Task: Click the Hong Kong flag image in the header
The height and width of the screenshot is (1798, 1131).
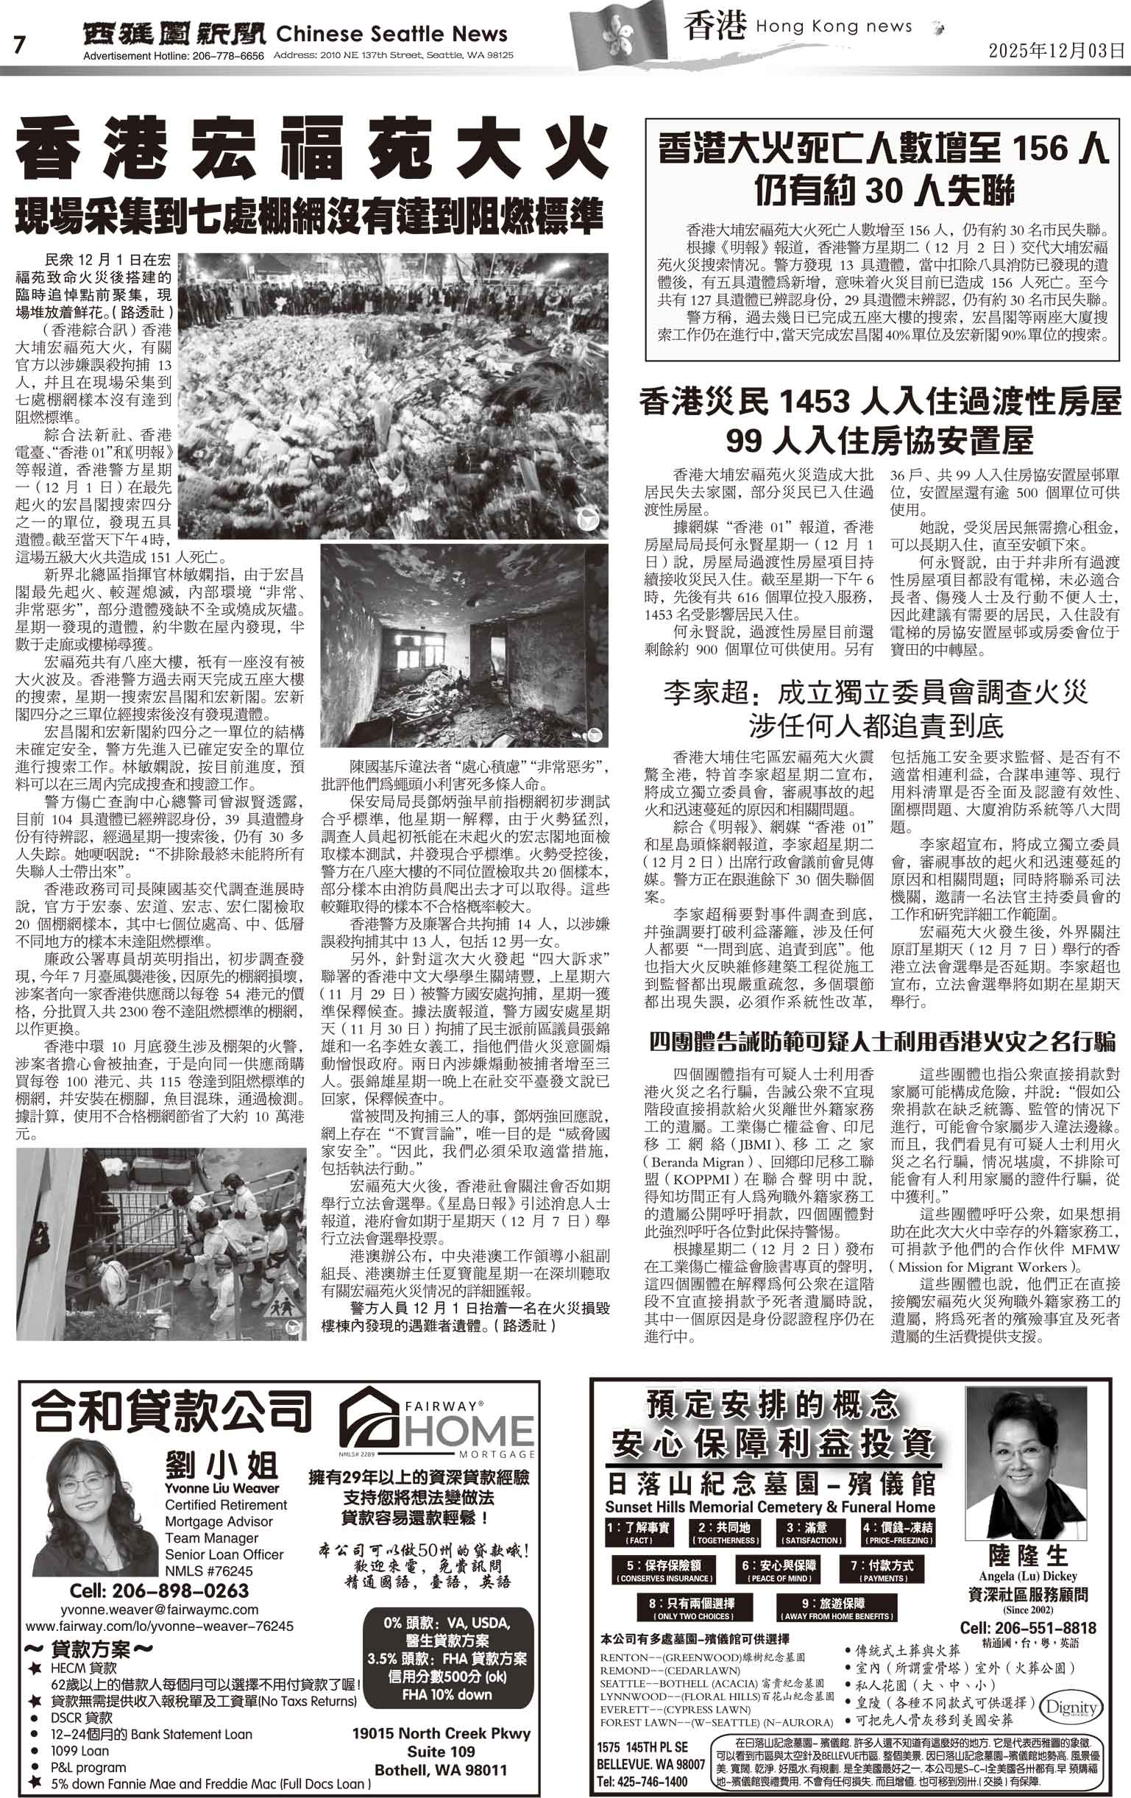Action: [618, 37]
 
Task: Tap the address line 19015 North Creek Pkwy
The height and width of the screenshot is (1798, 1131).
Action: [442, 1732]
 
